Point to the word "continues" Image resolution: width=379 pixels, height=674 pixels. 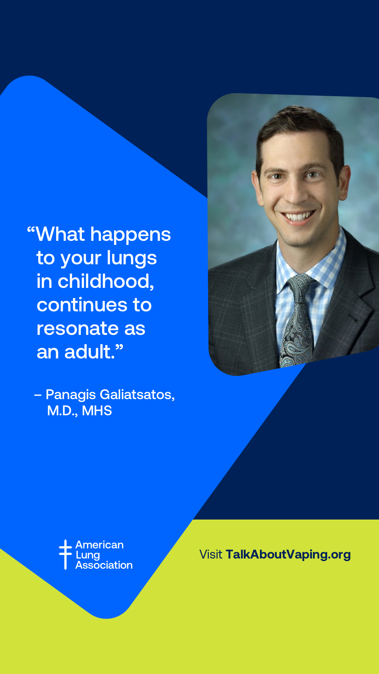(82, 305)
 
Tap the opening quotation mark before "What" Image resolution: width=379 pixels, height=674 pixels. (31, 231)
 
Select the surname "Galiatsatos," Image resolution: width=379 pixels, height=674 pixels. (137, 395)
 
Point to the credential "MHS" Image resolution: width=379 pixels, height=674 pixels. (97, 411)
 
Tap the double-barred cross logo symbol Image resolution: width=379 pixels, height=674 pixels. (65, 554)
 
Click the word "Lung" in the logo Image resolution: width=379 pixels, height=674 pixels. (88, 555)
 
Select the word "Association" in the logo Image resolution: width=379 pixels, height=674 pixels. (104, 565)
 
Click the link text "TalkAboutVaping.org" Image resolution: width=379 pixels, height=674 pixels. (288, 555)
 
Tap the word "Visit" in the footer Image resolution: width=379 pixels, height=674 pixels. (211, 555)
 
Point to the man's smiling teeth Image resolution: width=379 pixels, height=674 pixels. (299, 216)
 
